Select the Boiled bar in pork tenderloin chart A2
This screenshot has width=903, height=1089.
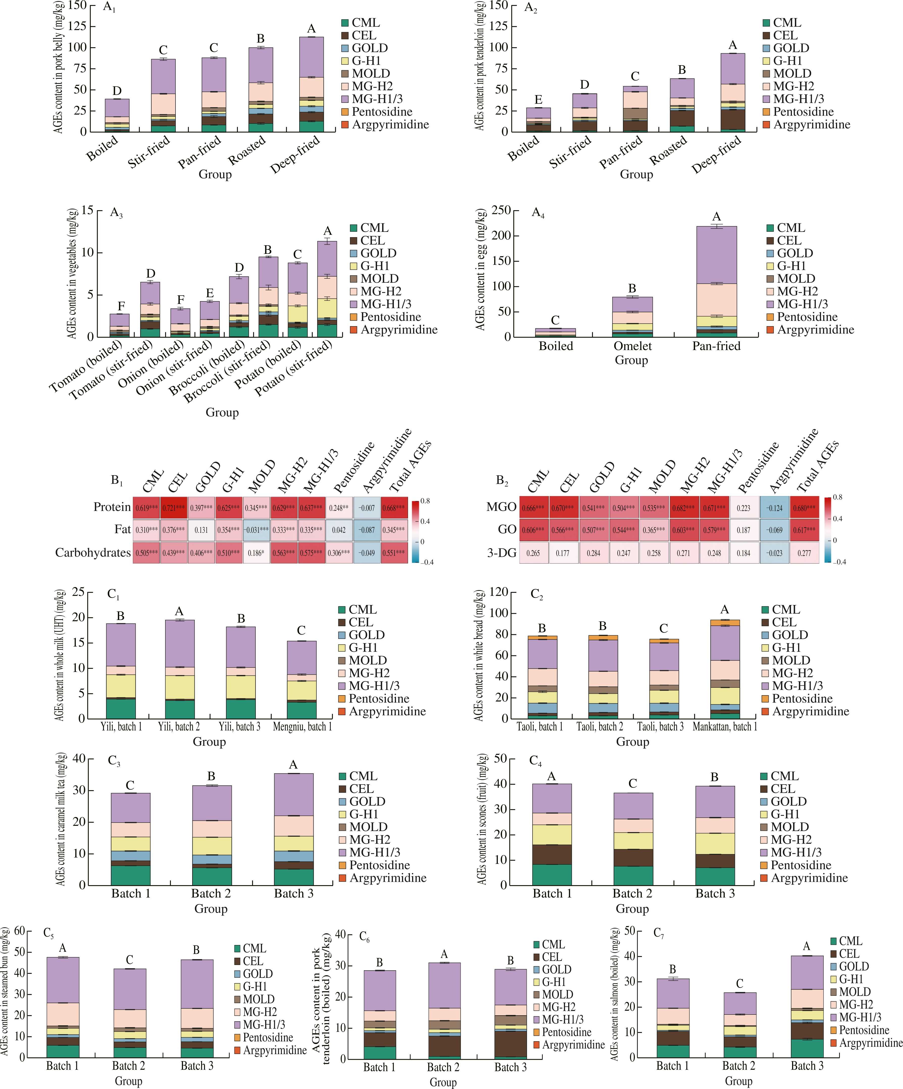coord(538,120)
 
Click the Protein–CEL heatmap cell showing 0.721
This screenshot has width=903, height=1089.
coord(174,508)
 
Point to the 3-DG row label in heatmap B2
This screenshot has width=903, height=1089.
coord(502,553)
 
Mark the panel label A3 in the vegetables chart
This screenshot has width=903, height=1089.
coord(116,212)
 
